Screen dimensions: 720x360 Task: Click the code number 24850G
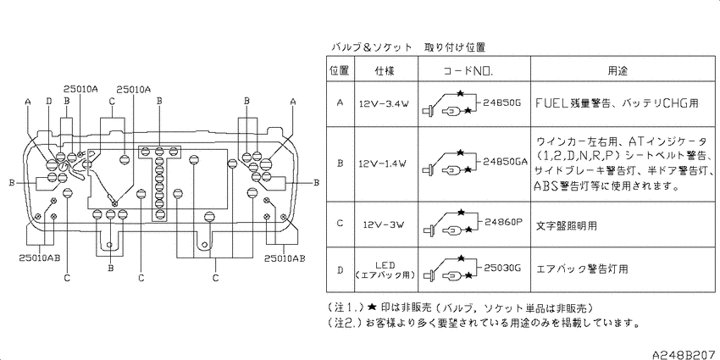[502, 102]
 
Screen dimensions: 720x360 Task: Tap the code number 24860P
[504, 222]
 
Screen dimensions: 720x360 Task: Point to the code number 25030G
[503, 267]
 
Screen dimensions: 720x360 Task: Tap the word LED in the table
[385, 265]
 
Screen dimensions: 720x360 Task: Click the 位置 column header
[340, 70]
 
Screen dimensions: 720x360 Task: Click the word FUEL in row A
[552, 102]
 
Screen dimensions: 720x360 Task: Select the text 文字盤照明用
[567, 226]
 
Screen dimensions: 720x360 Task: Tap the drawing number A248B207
[685, 354]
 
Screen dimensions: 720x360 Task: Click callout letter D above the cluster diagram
[49, 101]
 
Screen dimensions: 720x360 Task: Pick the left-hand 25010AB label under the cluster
[40, 258]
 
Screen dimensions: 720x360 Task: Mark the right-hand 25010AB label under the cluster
[285, 258]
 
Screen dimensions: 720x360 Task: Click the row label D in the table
[340, 270]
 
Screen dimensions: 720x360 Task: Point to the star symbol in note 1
[373, 307]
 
